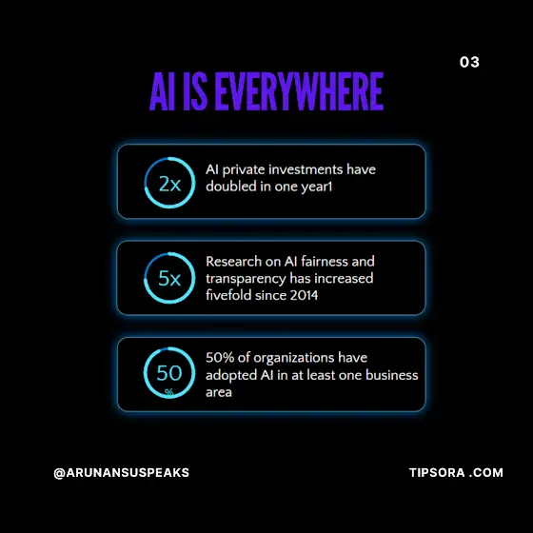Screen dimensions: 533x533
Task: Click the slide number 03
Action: coord(469,62)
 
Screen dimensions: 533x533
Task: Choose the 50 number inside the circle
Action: coord(169,373)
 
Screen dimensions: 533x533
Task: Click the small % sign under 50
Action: coord(169,392)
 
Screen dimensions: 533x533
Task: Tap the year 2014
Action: coord(304,295)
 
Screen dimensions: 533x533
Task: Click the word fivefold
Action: coord(228,295)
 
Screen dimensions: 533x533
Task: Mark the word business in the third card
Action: coord(392,375)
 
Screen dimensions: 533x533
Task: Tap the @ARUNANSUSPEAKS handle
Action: coord(122,473)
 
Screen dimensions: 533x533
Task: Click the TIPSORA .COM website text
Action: coord(456,472)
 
